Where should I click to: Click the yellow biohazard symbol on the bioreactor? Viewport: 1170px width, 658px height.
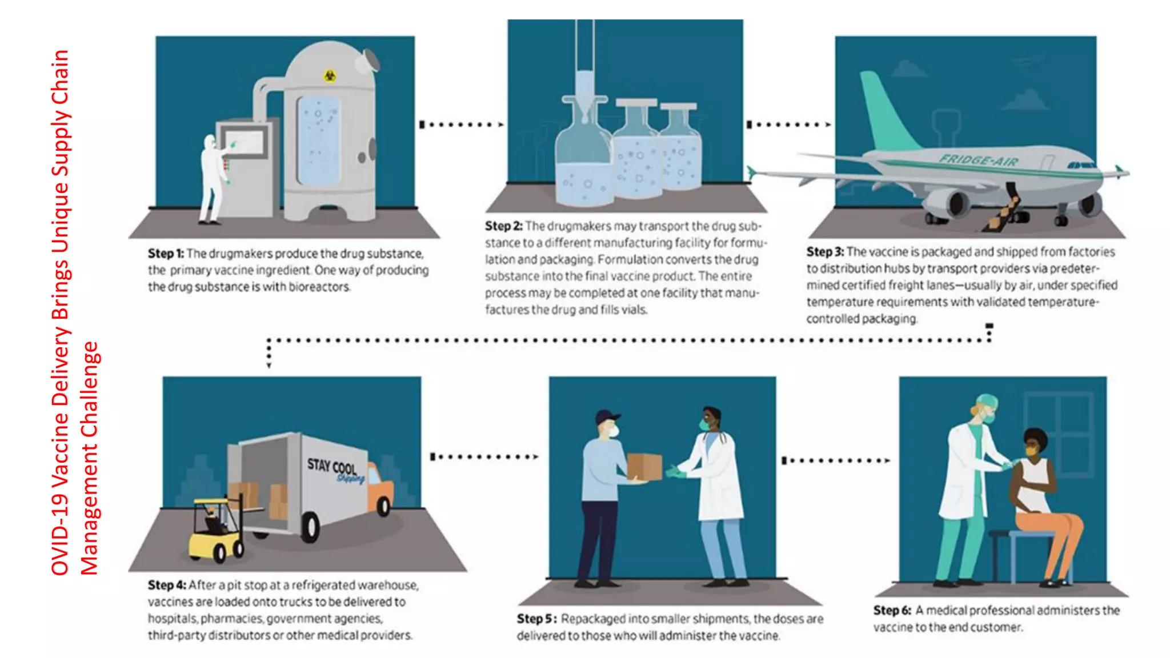coord(330,75)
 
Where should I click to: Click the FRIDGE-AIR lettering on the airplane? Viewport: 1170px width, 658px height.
coord(979,160)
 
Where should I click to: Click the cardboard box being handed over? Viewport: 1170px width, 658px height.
coord(644,467)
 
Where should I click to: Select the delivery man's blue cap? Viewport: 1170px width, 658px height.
coord(607,416)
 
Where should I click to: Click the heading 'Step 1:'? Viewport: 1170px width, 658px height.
coord(166,253)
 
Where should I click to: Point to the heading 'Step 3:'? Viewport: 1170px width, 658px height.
coord(824,251)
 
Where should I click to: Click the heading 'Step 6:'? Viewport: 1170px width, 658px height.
coord(892,610)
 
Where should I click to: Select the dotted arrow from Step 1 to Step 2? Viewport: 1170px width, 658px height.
coord(462,125)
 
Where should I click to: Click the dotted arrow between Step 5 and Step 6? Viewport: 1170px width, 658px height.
coord(835,460)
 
